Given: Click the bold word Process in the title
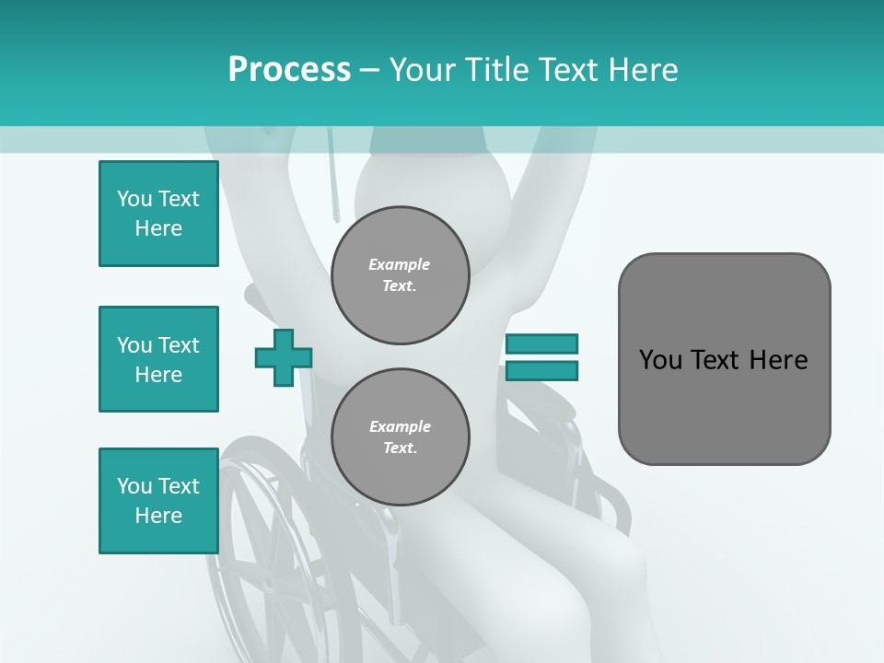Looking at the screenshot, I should (289, 69).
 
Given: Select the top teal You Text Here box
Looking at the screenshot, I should (158, 214).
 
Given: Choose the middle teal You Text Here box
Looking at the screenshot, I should (158, 359).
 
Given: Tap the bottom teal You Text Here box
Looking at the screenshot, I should (158, 501).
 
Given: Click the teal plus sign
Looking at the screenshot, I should (284, 357).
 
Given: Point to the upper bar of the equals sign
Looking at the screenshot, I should (541, 344).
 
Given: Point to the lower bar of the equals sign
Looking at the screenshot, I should (541, 370).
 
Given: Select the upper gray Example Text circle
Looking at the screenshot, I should (400, 274).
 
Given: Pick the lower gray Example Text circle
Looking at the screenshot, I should (400, 436).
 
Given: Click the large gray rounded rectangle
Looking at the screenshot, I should (724, 405).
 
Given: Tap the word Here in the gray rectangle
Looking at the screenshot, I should (778, 360).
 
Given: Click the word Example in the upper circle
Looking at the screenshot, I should (400, 264).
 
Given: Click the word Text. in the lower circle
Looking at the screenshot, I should (400, 448).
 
